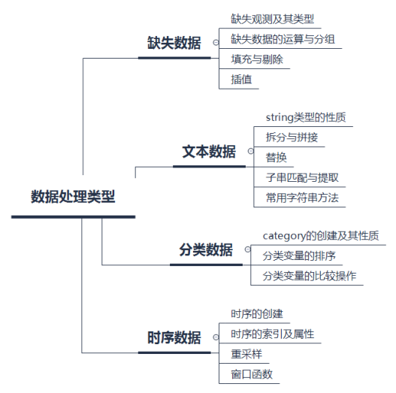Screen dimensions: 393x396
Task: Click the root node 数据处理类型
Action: (x=73, y=197)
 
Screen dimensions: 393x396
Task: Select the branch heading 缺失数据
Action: (x=174, y=43)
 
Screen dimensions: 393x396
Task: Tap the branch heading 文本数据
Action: (x=209, y=151)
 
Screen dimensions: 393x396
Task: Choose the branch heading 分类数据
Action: (x=206, y=249)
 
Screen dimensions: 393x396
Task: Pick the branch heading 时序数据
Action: (x=174, y=337)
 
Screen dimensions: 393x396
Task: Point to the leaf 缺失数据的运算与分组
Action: (x=283, y=38)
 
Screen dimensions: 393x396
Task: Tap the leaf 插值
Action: (x=242, y=78)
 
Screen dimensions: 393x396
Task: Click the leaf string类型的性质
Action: (x=305, y=117)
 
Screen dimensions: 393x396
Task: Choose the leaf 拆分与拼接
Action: (x=292, y=138)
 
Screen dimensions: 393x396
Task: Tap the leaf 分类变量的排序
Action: (x=298, y=255)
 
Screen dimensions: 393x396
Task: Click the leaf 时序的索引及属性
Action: (x=272, y=334)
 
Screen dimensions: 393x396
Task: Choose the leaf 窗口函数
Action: (x=252, y=373)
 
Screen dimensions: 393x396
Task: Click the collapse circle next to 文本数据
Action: (x=251, y=151)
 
